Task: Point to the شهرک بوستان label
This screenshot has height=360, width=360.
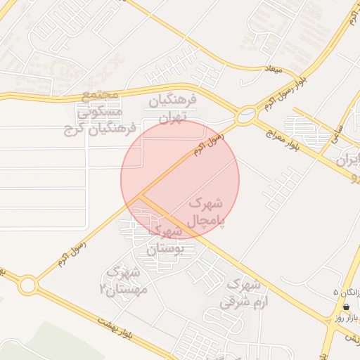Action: [x=165, y=239]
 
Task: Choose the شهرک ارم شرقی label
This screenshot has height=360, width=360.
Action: [x=242, y=294]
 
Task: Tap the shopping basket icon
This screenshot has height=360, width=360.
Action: [x=347, y=307]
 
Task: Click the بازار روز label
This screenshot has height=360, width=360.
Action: [x=347, y=318]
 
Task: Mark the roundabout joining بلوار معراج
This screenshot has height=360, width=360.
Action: [x=246, y=115]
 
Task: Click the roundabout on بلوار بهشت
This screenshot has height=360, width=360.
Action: [x=28, y=285]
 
